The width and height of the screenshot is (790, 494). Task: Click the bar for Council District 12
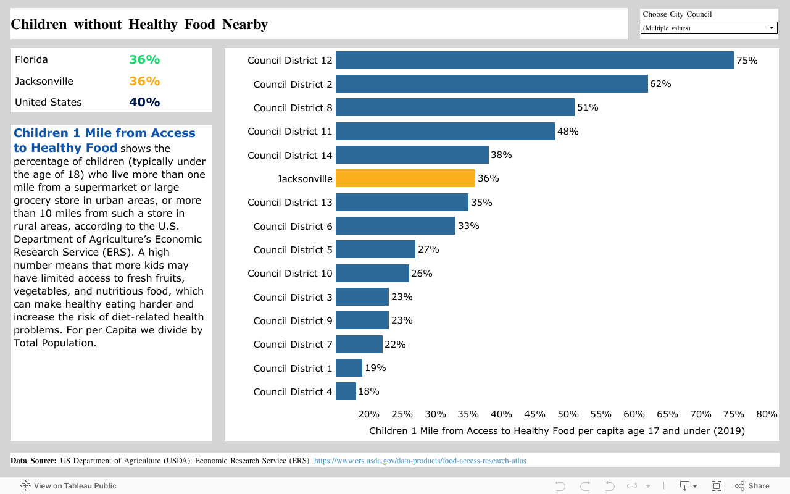coord(534,61)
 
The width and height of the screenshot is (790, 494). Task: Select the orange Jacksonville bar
coord(405,178)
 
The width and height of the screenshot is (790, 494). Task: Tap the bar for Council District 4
coord(346,391)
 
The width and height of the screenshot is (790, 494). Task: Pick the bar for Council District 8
coord(455,107)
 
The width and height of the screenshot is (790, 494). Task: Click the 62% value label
coord(660,84)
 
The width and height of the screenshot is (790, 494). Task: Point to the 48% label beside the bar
coord(568,132)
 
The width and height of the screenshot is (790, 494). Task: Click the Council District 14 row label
coord(289,155)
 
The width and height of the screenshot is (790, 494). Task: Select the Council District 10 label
coord(289,274)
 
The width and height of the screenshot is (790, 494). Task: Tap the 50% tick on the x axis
coord(568,414)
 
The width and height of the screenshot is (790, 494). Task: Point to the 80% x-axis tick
coord(767,414)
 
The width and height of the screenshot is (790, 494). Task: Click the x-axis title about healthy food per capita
coord(557,431)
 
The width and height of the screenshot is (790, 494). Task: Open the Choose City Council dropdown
coord(709,28)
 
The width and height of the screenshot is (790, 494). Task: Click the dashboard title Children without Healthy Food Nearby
coord(139,25)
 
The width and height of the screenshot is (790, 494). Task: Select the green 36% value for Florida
coord(144,60)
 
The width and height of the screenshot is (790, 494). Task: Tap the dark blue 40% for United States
coord(144,103)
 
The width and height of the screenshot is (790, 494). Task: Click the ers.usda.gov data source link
coord(420,461)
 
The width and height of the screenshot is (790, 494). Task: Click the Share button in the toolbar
coord(752,486)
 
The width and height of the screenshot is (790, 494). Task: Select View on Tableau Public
coord(69,486)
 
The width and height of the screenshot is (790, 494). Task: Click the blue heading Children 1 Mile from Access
coord(104,133)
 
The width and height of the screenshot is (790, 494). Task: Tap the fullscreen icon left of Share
coord(717,486)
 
